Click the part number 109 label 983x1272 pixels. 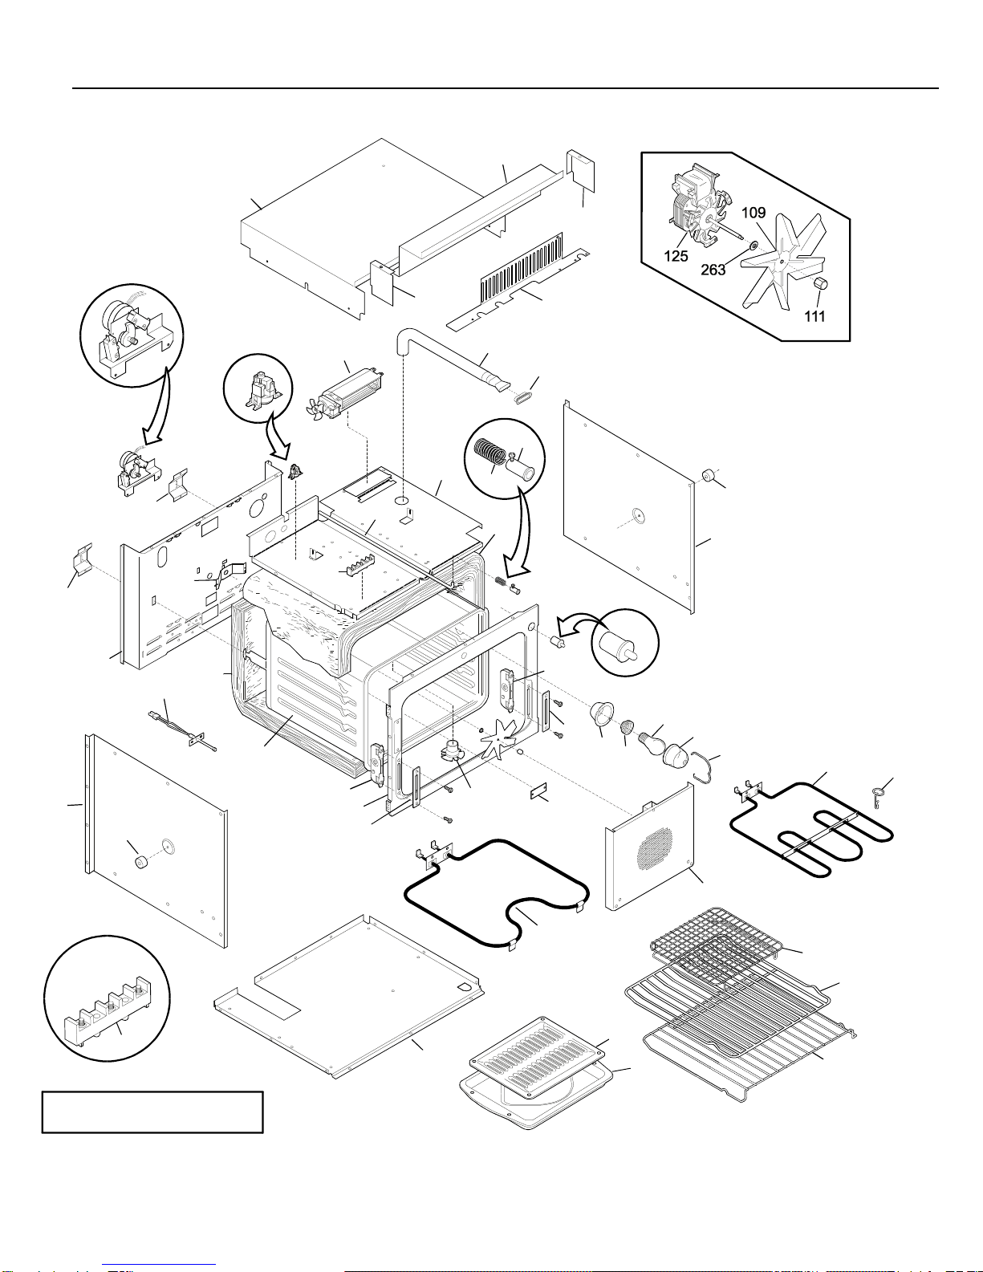(753, 213)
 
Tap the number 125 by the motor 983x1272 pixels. (676, 257)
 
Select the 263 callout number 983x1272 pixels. (713, 270)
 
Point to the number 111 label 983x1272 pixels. (814, 316)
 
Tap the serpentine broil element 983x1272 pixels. (810, 827)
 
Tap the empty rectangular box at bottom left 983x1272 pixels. (152, 1111)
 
